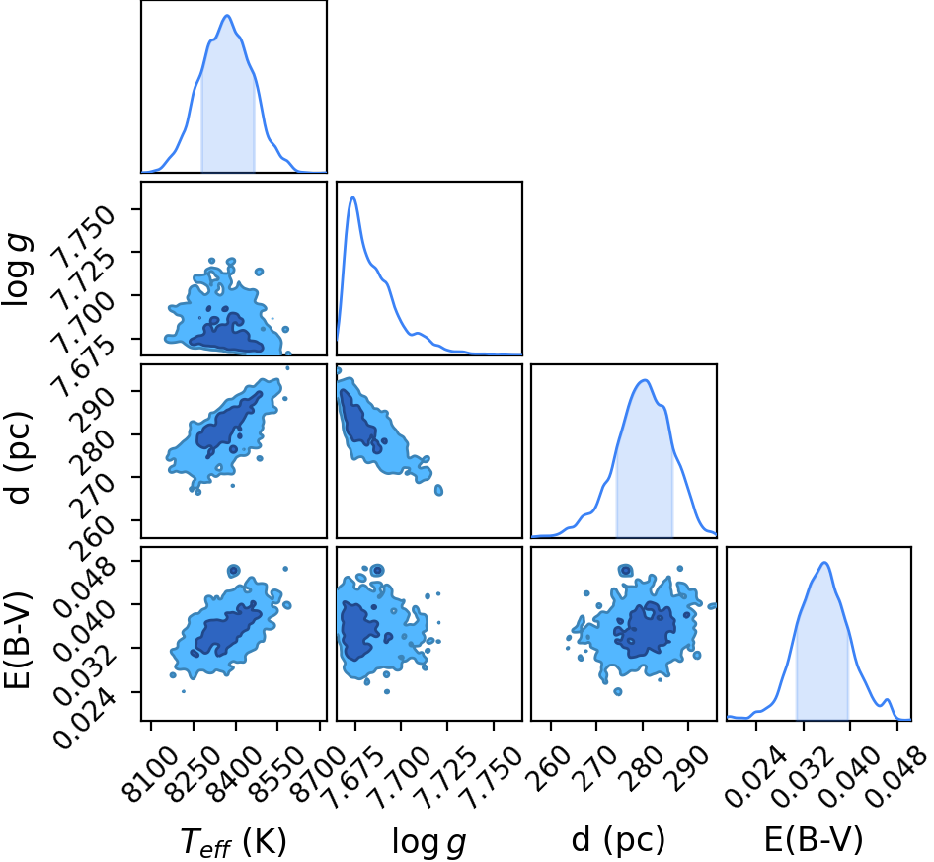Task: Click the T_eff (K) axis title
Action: point(233,842)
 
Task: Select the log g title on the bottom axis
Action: point(428,842)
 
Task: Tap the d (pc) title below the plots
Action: point(618,840)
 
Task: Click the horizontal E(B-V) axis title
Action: point(814,840)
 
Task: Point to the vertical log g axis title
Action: point(17,270)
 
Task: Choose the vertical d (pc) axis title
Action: point(17,457)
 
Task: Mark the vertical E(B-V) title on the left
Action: point(17,640)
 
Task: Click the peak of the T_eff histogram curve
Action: point(227,16)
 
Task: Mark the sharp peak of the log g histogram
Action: point(352,197)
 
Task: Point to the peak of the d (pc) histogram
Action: point(644,381)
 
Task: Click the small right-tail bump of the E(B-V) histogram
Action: point(887,699)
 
